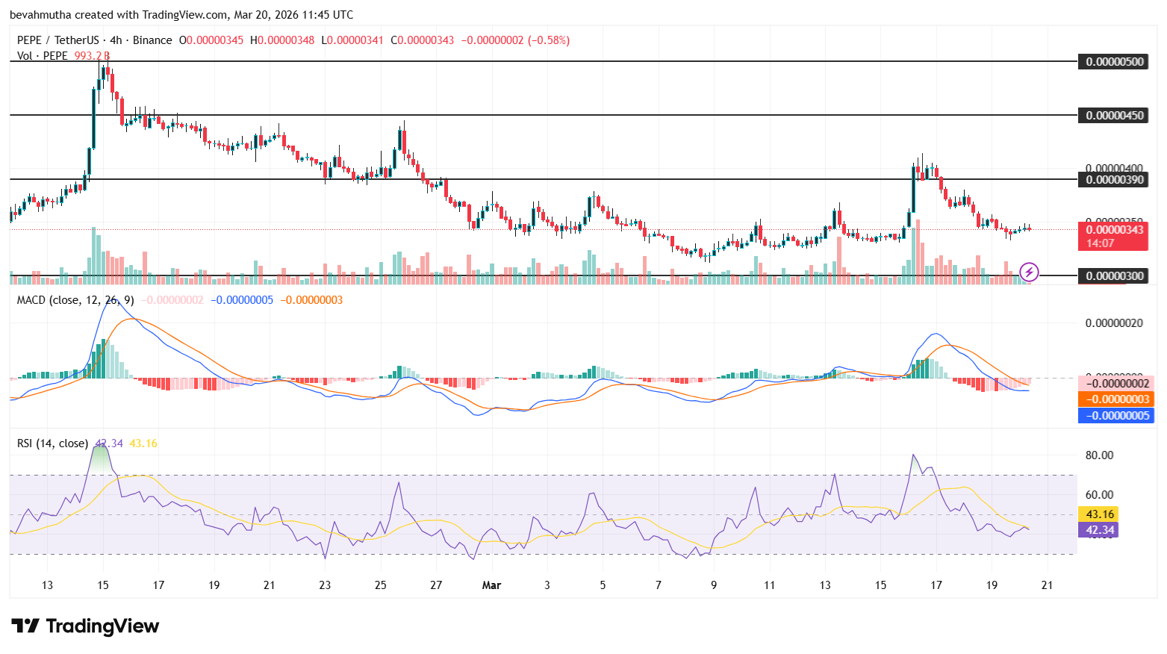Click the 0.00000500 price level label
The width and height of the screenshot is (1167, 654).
tap(1115, 62)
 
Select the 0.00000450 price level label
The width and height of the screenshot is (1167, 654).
tap(1115, 116)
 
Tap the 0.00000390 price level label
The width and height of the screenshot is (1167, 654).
tap(1115, 180)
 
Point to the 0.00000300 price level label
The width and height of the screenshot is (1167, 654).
tap(1115, 276)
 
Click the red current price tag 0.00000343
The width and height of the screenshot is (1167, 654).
tap(1115, 230)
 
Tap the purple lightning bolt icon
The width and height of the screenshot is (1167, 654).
tap(1029, 272)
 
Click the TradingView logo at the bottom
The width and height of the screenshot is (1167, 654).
tap(85, 626)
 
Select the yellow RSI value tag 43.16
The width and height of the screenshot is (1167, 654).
tap(1100, 514)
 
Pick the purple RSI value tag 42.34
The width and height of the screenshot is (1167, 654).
tap(1100, 530)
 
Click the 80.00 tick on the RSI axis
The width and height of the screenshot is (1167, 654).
tap(1099, 455)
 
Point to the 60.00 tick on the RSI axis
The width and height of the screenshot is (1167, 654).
tap(1099, 495)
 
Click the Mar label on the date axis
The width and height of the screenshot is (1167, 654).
tap(491, 585)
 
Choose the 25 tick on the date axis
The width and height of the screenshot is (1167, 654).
tap(381, 585)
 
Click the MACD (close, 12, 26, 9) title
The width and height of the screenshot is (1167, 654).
tap(75, 300)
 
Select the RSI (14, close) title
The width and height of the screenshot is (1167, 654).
tap(52, 443)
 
